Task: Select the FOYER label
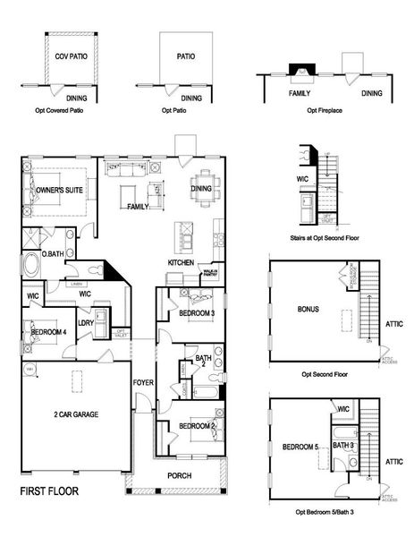(x=143, y=382)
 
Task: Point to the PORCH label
(x=180, y=475)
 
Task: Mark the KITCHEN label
(x=182, y=262)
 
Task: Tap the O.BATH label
(x=29, y=254)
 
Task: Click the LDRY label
(x=87, y=321)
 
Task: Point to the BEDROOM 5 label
(x=301, y=446)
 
